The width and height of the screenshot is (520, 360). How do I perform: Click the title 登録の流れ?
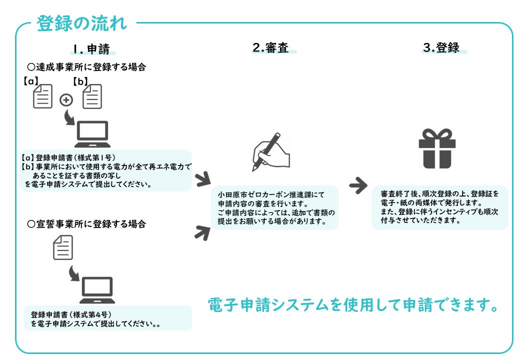tap(81, 23)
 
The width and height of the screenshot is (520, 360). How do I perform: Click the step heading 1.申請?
tap(91, 49)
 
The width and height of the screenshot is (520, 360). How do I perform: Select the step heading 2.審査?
tap(270, 47)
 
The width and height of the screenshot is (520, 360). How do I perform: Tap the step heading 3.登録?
tap(441, 47)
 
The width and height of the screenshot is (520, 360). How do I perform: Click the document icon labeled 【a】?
tap(43, 96)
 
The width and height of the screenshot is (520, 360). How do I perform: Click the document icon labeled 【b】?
tap(92, 96)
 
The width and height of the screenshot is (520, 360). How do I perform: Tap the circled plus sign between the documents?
tap(66, 100)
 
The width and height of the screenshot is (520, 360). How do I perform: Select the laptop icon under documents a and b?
tap(92, 134)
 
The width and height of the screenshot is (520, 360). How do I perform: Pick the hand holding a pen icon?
tap(271, 152)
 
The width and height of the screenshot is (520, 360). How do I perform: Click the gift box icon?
tap(437, 148)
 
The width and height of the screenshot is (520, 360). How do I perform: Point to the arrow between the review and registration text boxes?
tap(358, 185)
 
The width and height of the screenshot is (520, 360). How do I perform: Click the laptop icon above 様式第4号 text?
tap(97, 290)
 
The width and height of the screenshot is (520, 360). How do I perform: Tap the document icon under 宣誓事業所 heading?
tap(63, 247)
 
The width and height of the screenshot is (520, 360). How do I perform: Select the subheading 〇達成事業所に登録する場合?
tap(86, 67)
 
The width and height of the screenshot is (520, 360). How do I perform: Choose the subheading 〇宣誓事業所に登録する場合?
tap(86, 224)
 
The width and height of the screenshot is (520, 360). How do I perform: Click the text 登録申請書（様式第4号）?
tap(71, 314)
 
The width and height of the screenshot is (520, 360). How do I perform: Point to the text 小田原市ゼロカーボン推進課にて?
tap(271, 194)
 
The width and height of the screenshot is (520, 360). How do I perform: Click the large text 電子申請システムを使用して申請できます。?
tap(353, 304)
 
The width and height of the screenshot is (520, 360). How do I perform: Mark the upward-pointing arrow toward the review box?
tap(202, 232)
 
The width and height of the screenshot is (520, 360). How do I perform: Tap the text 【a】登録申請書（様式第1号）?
tap(68, 158)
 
